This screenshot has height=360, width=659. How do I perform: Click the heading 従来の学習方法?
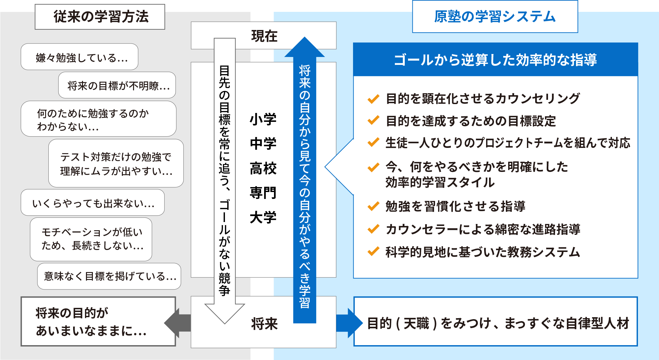click(100, 17)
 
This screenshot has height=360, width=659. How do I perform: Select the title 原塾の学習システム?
click(495, 16)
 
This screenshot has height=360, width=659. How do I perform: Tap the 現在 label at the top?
click(264, 36)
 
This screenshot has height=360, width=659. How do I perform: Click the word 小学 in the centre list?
click(263, 119)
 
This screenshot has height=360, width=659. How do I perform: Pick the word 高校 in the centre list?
click(263, 168)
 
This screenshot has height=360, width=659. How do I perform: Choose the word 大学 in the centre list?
click(263, 217)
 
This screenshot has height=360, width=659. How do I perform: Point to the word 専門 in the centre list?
click(263, 193)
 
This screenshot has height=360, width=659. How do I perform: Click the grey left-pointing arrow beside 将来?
click(177, 323)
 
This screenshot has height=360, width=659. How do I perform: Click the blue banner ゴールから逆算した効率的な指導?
click(495, 60)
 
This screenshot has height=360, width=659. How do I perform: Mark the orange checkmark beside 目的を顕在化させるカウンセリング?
click(373, 98)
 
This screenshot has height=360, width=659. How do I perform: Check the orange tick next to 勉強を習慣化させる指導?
click(373, 207)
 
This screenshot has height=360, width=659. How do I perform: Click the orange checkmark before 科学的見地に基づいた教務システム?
click(373, 252)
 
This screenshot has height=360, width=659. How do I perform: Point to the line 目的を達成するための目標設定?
click(471, 121)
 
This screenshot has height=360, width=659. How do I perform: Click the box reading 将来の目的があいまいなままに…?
click(98, 321)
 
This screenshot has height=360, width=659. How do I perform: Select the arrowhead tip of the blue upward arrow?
click(305, 39)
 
